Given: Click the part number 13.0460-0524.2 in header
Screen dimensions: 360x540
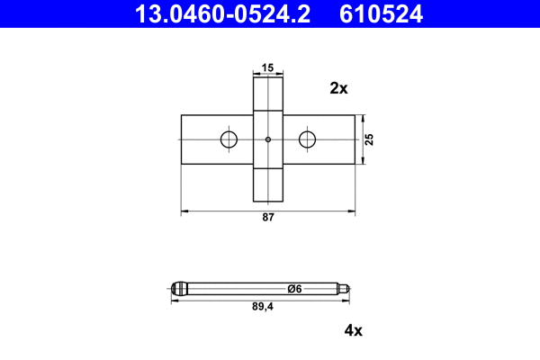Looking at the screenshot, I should coord(224,13).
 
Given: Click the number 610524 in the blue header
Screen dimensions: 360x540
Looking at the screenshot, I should coord(381,13).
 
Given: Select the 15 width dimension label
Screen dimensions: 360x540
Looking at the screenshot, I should coord(268,67).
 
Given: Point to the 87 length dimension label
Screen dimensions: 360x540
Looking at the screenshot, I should coord(268,219).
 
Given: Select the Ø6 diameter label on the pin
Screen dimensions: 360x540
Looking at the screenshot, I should coord(293,289).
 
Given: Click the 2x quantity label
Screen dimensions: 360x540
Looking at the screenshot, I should coord(338,88).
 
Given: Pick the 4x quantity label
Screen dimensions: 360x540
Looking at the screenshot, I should coord(353,330).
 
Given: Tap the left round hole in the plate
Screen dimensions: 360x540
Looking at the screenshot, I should coord(229,139).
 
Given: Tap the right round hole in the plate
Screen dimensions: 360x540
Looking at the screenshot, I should coord(308,139).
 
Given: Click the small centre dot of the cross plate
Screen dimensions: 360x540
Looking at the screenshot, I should coord(268,139).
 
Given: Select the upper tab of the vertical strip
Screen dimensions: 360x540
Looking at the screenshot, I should coord(268,94).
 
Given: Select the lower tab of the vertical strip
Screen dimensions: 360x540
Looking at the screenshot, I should coord(268,184).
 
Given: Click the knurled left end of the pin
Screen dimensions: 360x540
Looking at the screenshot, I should coord(180,289).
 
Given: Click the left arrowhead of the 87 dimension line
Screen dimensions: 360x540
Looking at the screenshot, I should coord(185,211).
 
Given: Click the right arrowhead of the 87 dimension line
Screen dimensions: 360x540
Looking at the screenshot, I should coord(351,211).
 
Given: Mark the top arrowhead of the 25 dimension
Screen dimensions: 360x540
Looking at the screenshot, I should coord(363,118).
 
